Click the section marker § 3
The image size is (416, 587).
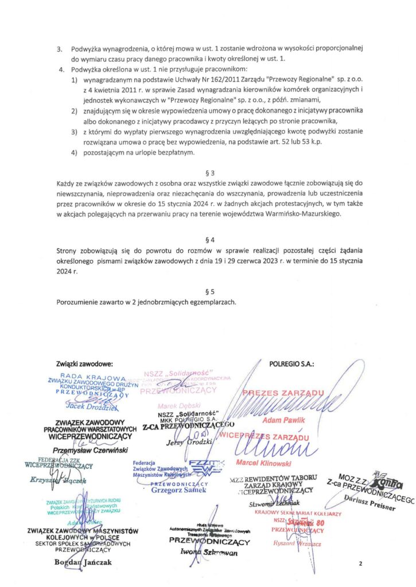click(209, 171)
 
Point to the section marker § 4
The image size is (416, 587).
click(209, 238)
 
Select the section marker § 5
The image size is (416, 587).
click(209, 291)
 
